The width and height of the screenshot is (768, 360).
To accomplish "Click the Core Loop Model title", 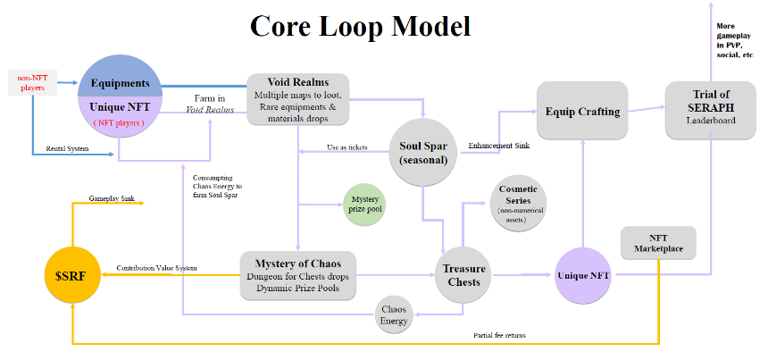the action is [360, 27].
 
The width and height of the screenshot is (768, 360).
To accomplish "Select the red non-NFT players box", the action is [32, 82].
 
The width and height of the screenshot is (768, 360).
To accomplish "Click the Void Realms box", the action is [297, 99].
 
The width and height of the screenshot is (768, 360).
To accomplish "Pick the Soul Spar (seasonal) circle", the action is [424, 153].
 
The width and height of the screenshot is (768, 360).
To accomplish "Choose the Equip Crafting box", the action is [582, 111].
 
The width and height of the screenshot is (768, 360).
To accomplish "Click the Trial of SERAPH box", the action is [711, 111].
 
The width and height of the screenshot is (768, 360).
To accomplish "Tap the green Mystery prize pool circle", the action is [364, 205].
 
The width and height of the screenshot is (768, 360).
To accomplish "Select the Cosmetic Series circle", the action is [518, 204].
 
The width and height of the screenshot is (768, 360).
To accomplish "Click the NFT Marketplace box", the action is [658, 243].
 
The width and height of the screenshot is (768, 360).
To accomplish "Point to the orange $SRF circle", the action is [72, 276].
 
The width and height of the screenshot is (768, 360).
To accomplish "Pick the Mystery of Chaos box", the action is [297, 276].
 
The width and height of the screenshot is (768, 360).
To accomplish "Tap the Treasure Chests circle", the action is [463, 275].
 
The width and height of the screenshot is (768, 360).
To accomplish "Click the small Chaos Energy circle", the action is [394, 315].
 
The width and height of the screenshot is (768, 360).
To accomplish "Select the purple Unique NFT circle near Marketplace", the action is [583, 276].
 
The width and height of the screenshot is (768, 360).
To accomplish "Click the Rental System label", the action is [67, 148].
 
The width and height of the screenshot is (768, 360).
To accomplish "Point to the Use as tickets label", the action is [347, 147].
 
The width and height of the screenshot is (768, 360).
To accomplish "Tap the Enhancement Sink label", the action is [498, 146].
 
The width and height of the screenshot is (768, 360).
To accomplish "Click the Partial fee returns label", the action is [499, 336].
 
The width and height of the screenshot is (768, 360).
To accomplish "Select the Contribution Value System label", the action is [157, 268].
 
